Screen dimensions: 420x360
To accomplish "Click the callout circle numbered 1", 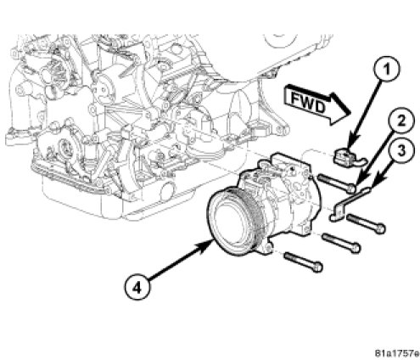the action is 387,69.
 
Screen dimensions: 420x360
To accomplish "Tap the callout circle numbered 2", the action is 401,121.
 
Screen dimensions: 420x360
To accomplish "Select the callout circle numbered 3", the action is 401,150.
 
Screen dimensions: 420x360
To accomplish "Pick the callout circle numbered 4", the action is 137,288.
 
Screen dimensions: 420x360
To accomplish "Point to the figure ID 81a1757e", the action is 397,353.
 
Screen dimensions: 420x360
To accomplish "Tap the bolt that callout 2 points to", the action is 337,183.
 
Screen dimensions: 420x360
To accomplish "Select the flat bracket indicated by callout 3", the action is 349,204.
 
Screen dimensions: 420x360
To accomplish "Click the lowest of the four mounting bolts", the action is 304,262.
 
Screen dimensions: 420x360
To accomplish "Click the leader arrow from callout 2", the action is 374,159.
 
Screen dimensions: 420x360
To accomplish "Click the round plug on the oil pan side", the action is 167,191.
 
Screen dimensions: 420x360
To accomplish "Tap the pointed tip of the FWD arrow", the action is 350,114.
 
